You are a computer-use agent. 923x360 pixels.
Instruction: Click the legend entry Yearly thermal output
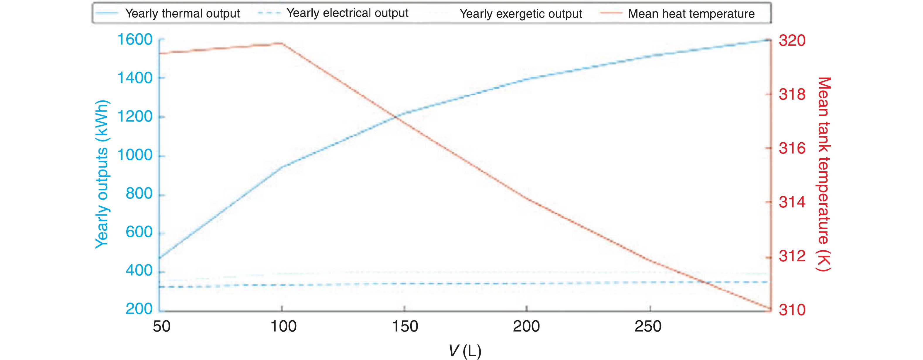click(x=182, y=13)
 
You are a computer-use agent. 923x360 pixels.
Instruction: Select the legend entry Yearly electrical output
click(x=347, y=13)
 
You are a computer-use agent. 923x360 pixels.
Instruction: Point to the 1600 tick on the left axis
click(x=135, y=40)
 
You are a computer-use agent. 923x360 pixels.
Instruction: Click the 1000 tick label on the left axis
click(x=135, y=155)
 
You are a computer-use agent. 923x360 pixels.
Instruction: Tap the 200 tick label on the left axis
click(x=139, y=309)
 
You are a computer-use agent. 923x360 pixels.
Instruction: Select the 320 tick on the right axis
click(x=792, y=40)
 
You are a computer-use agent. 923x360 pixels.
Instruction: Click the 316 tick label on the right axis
click(x=792, y=148)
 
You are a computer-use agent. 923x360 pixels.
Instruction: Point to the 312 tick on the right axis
click(x=792, y=256)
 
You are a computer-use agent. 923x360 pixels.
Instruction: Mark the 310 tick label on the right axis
click(x=792, y=310)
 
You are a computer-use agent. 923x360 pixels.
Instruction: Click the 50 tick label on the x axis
click(x=161, y=326)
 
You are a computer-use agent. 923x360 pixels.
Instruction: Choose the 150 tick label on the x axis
click(x=405, y=326)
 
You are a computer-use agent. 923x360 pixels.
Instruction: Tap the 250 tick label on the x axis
click(x=648, y=326)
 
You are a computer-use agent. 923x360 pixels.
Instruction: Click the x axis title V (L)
click(x=465, y=351)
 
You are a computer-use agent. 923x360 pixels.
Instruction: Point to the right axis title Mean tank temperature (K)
click(x=823, y=174)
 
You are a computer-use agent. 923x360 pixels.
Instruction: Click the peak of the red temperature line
click(x=282, y=43)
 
